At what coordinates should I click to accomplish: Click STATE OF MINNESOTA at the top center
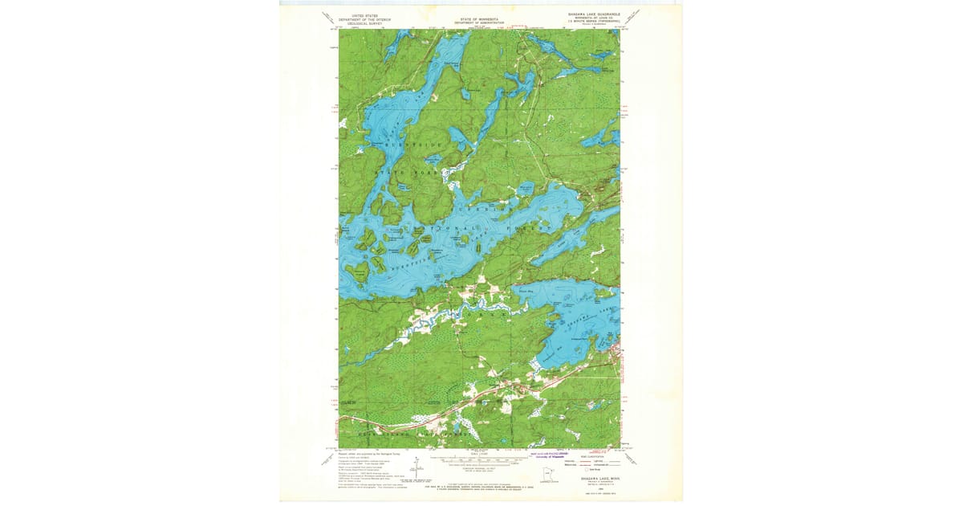pos(479,18)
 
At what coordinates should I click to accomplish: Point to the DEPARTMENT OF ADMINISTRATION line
pos(479,22)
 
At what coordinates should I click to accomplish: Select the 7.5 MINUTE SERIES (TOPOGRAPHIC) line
pos(591,22)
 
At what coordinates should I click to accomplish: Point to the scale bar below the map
pos(479,461)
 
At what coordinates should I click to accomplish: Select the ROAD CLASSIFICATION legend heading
pos(591,454)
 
